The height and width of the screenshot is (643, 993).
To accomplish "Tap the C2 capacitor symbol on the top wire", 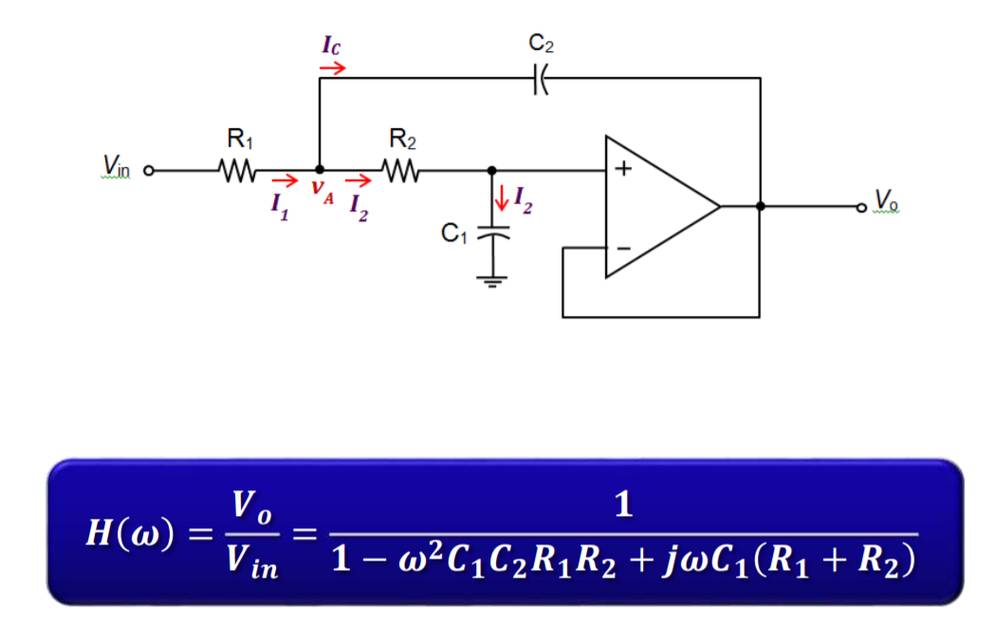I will click(x=539, y=79).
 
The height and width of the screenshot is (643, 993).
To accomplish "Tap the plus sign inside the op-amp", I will click(x=624, y=172).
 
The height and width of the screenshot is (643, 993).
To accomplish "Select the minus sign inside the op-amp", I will click(x=623, y=248).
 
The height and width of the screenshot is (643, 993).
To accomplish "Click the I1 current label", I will click(x=277, y=205).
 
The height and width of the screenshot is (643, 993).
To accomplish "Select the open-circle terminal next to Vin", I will click(x=148, y=173).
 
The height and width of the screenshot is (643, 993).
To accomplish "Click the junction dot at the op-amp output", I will click(x=760, y=206).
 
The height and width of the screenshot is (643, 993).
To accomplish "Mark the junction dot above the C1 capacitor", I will click(x=490, y=172).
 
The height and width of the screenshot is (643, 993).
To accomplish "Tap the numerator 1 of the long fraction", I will click(x=623, y=505).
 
